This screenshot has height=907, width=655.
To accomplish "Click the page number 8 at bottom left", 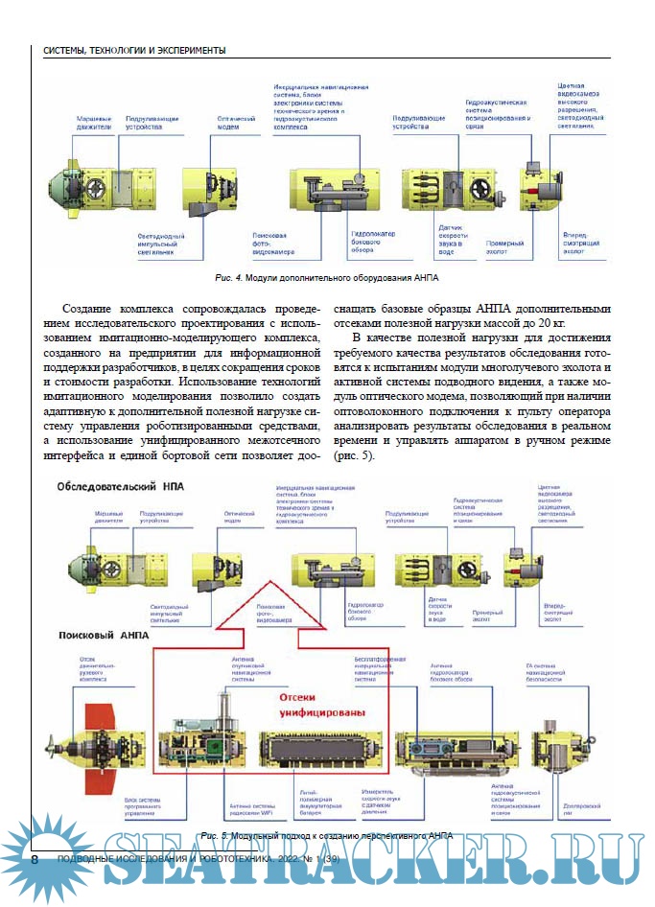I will pyautogui.click(x=35, y=859).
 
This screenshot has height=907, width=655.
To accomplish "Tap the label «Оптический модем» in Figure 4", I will pyautogui.click(x=229, y=123).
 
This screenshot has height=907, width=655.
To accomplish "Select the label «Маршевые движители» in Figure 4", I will pyautogui.click(x=94, y=123).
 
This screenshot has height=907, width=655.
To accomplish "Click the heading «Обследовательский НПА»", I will pyautogui.click(x=121, y=487).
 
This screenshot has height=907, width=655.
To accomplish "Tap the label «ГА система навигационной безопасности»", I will pyautogui.click(x=554, y=671).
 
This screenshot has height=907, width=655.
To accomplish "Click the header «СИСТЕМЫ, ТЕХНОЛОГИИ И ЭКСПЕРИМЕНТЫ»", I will pyautogui.click(x=134, y=49).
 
